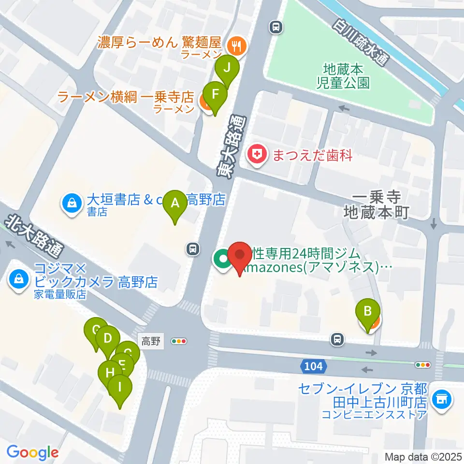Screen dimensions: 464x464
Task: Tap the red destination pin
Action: point(240,255)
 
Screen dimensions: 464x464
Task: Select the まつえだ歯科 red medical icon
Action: point(256,156)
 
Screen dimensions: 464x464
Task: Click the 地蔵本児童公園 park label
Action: point(346,76)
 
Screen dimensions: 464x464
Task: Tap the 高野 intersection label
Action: point(151,341)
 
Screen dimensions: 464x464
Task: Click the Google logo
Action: point(32,452)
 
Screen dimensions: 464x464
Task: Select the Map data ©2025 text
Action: point(423,456)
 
